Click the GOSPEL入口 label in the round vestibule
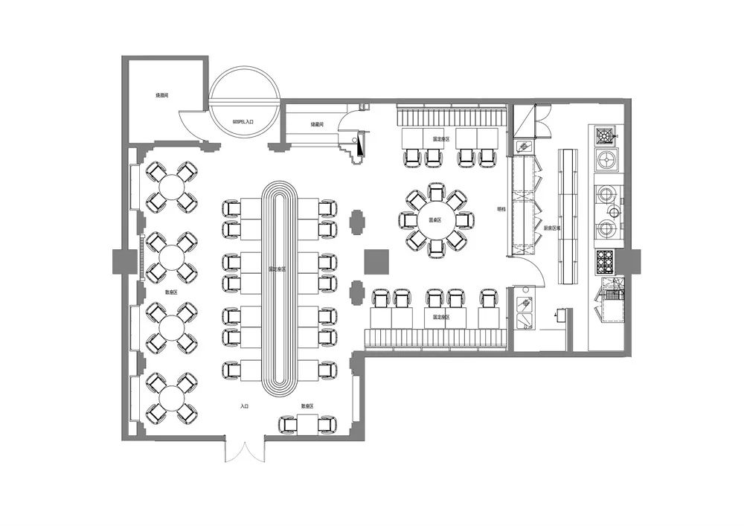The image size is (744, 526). [244, 120]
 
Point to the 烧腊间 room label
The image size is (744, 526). [162, 96]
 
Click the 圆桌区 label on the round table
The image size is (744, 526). [435, 220]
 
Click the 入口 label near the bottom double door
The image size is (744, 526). [245, 406]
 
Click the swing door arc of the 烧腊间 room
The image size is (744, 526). [190, 126]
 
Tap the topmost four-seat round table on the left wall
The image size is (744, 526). [172, 185]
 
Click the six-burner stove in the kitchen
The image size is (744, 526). [605, 261]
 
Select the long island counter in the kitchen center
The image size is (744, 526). [569, 216]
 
